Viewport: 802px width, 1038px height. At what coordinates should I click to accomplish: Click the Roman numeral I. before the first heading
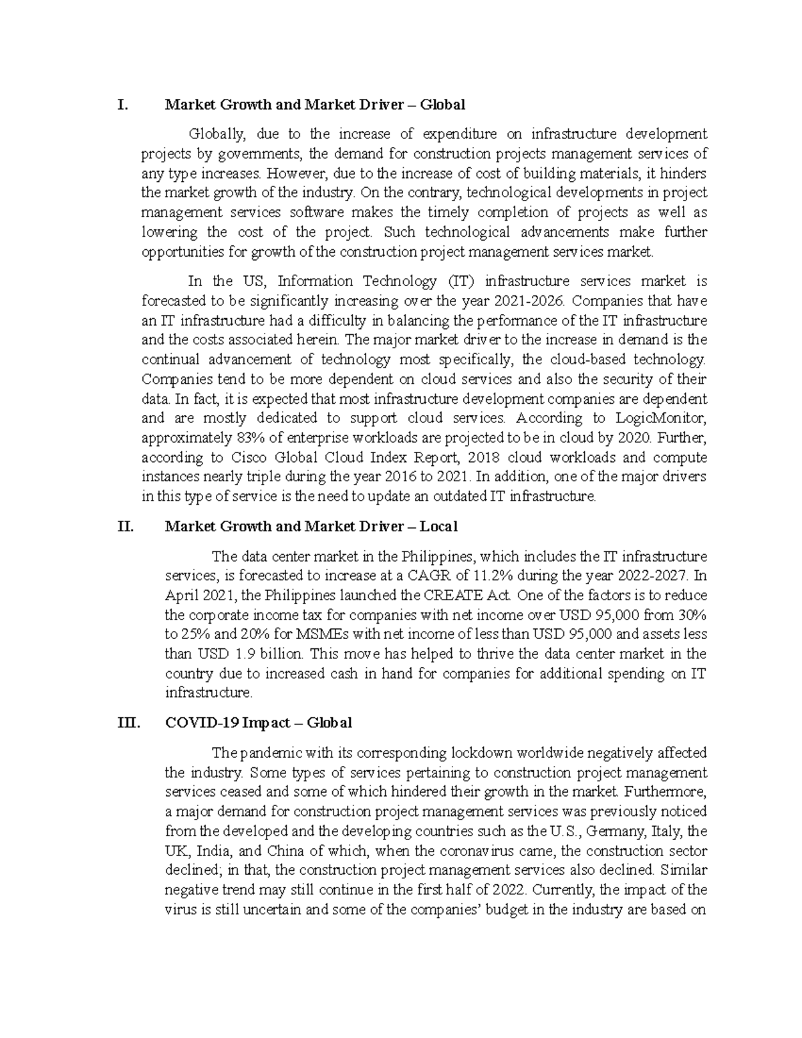[x=121, y=104]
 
